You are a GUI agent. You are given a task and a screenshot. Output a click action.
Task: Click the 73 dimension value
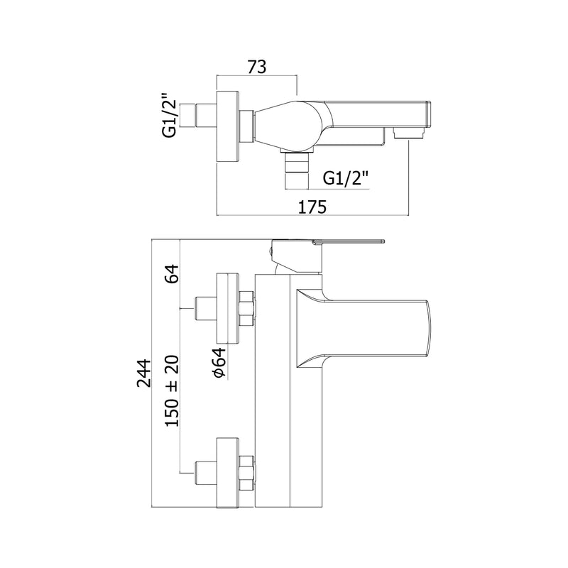257,67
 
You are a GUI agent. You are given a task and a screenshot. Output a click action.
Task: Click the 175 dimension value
312,207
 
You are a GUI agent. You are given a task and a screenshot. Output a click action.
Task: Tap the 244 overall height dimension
144,373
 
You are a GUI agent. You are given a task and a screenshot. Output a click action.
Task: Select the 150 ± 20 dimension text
172,391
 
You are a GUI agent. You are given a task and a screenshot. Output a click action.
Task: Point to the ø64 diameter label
219,363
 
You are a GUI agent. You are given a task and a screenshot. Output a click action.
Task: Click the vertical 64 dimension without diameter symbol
172,274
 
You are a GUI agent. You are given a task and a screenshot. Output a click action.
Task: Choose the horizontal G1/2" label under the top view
346,178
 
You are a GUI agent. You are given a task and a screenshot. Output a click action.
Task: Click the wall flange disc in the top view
228,127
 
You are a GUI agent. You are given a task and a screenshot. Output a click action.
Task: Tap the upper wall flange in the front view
228,308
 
